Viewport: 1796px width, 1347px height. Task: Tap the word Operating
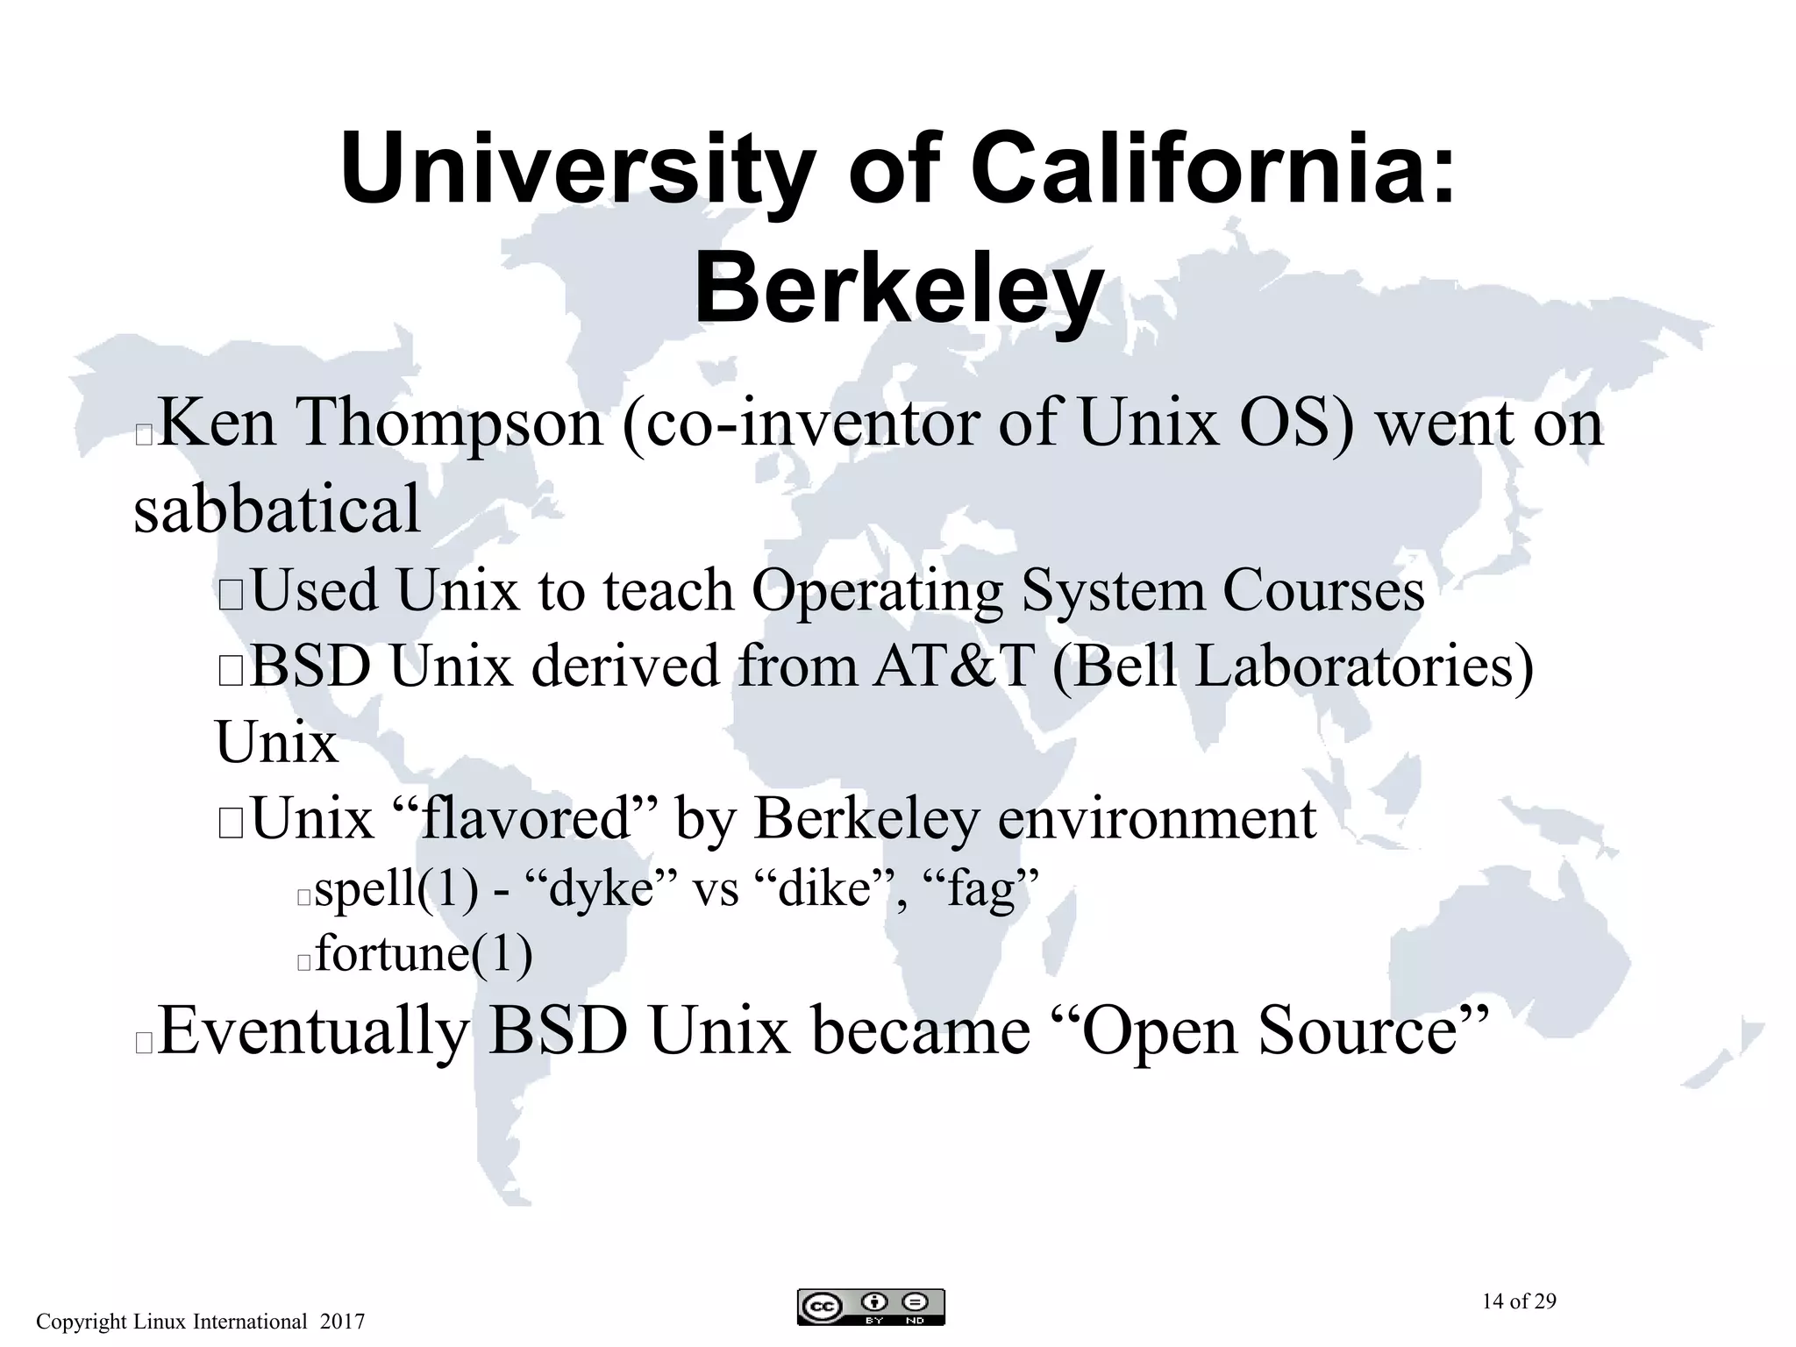click(x=877, y=591)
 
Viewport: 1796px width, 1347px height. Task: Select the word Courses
click(x=1323, y=589)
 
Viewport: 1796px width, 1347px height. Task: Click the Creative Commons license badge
click(x=871, y=1306)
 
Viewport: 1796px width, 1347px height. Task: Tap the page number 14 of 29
click(x=1519, y=1301)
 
